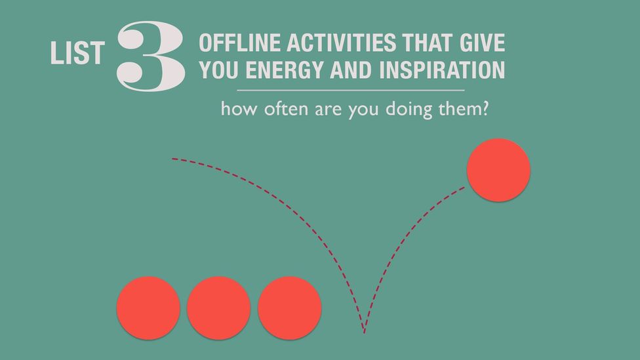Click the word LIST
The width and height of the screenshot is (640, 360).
coord(77,53)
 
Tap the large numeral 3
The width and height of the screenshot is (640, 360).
coord(151,56)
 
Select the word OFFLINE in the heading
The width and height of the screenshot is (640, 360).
coord(239,43)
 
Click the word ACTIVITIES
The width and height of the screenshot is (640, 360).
coord(341,43)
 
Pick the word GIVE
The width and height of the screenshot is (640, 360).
coord(483,43)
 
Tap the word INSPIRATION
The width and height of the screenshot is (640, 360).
coord(442,70)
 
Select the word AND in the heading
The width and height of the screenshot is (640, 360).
coord(351,70)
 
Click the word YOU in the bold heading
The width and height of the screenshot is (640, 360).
coord(219,70)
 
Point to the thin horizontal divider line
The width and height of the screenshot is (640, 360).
coord(351,90)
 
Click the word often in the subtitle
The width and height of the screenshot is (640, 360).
coord(286,109)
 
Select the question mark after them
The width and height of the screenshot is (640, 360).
coord(485,109)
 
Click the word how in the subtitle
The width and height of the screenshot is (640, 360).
coord(239,109)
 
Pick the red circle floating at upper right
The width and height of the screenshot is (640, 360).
coord(498,170)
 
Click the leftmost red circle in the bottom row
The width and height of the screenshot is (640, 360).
coord(148,308)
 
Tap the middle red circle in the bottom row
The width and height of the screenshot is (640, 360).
coord(219,308)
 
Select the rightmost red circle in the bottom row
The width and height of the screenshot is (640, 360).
coord(289,308)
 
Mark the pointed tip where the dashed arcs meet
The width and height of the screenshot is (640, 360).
coord(364,332)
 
